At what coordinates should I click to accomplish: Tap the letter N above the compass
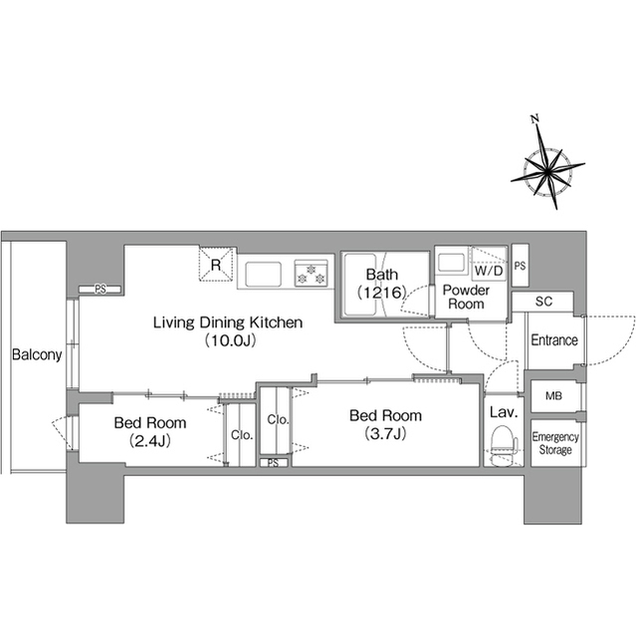(x=534, y=118)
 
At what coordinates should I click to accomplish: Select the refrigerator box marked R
(x=216, y=265)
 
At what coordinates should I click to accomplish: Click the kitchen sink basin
(x=263, y=274)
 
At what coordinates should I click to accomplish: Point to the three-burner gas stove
(x=312, y=274)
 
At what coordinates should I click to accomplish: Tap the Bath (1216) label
(x=382, y=283)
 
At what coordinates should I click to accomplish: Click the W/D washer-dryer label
(x=489, y=270)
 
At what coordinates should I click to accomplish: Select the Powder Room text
(x=466, y=297)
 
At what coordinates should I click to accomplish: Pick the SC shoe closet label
(x=543, y=302)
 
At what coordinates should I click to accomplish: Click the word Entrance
(x=554, y=340)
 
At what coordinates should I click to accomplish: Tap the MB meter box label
(x=553, y=395)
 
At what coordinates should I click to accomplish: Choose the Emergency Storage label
(x=555, y=443)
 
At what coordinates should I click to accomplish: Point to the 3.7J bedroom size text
(x=385, y=434)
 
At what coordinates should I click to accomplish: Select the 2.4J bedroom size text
(x=150, y=441)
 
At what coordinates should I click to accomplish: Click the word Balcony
(x=37, y=354)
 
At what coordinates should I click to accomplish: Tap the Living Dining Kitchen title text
(x=228, y=322)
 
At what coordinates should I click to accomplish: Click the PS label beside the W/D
(x=520, y=266)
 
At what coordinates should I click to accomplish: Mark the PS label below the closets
(x=274, y=463)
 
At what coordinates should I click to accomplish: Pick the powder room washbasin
(x=451, y=263)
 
